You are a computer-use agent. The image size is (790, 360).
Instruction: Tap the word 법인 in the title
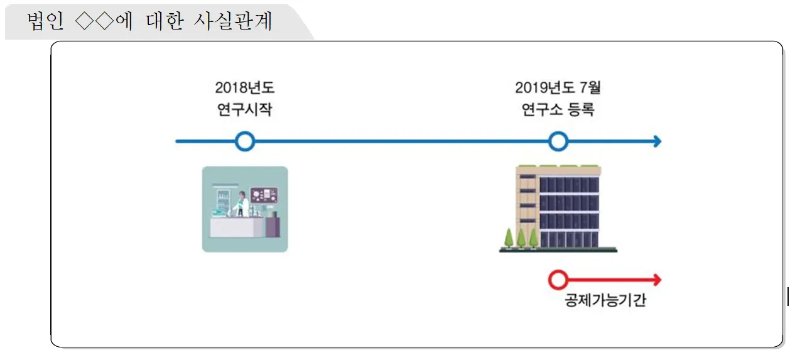[43, 21]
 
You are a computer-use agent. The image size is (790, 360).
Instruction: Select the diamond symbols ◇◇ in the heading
[94, 21]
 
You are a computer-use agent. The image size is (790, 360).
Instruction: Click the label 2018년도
[244, 87]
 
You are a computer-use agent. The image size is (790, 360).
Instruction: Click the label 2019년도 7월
[558, 87]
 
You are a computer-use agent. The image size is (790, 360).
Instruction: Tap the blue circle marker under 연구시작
[245, 141]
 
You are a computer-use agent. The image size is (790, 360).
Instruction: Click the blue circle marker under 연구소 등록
[558, 141]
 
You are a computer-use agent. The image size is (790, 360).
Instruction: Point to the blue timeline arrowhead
[656, 141]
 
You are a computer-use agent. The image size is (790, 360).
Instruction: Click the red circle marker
[558, 280]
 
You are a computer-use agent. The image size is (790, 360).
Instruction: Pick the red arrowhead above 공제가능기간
[656, 280]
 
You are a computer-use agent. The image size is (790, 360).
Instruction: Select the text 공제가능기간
[605, 300]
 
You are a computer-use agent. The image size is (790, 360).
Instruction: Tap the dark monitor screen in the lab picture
[264, 195]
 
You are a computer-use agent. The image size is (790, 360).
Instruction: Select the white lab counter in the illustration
[232, 227]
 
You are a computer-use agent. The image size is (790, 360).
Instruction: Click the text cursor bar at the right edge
[787, 295]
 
